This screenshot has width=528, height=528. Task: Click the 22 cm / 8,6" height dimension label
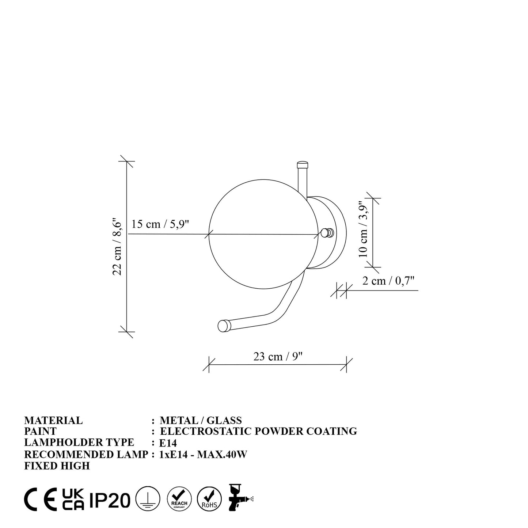pos(117,247)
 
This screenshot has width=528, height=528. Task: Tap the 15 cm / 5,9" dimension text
pos(160,224)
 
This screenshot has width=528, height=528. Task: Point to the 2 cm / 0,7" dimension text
pos(388,281)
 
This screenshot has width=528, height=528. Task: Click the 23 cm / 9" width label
pos(278,357)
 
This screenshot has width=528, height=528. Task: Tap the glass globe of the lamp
pos(263,234)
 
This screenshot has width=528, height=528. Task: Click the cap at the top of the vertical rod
pos(303,165)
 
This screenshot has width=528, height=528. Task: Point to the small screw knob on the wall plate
pos(327,233)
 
